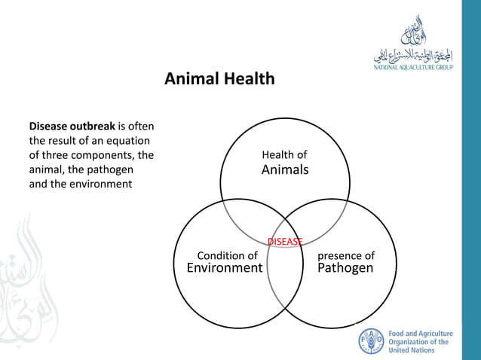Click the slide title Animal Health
click(219, 78)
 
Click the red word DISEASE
click(285, 242)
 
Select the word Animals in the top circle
click(284, 170)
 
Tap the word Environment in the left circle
click(225, 268)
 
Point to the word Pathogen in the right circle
click(345, 268)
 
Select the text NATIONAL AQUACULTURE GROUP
click(414, 68)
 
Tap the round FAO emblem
click(370, 341)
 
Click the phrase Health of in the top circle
click(284, 155)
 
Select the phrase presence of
click(345, 255)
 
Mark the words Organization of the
click(418, 342)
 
